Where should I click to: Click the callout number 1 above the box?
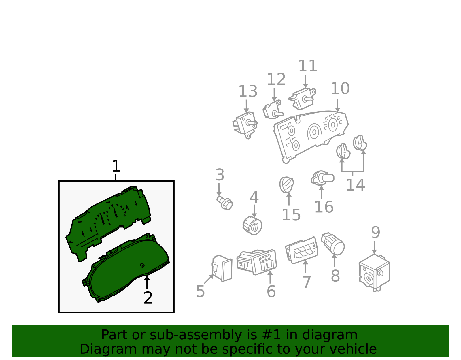(116, 166)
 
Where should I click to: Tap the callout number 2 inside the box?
(148, 298)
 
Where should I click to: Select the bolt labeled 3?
(225, 203)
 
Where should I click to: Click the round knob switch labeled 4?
(252, 225)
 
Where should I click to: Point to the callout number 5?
(200, 291)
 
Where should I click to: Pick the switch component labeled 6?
(257, 262)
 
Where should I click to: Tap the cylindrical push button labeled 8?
(333, 244)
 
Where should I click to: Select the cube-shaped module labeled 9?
(374, 272)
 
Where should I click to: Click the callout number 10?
(340, 88)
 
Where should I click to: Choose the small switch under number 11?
(302, 99)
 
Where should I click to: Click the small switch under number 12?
(273, 110)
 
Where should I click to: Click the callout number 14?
(355, 185)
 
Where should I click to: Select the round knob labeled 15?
(286, 184)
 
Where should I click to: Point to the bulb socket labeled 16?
(322, 178)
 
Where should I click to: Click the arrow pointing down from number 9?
(374, 247)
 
